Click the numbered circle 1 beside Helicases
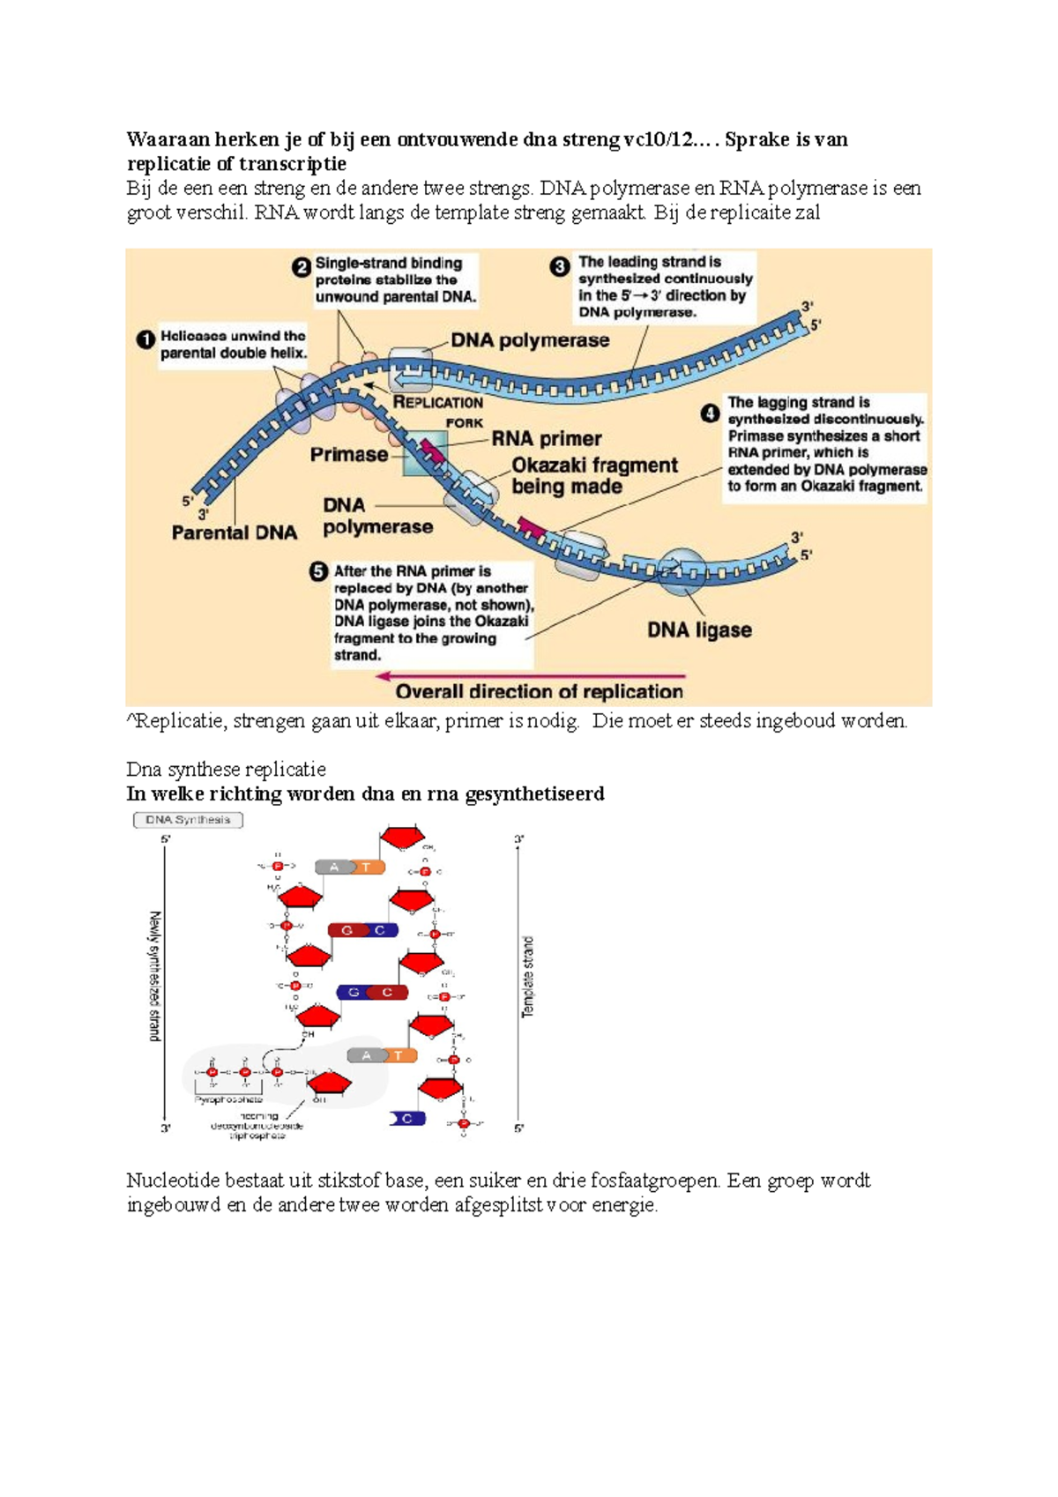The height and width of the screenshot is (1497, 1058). [145, 339]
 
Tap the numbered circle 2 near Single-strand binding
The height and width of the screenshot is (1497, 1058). [302, 267]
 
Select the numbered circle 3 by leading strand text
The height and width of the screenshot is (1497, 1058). [560, 266]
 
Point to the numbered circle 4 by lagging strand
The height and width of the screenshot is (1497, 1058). [710, 413]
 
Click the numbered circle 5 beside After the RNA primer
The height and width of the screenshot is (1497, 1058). [318, 571]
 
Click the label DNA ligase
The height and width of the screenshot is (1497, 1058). [699, 629]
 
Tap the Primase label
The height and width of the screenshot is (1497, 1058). [348, 454]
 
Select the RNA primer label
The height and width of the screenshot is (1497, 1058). [547, 438]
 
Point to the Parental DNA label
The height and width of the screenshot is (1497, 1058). [234, 533]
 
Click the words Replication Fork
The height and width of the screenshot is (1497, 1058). [438, 411]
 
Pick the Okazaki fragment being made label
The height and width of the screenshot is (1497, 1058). [594, 475]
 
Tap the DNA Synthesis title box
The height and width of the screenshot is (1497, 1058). [188, 820]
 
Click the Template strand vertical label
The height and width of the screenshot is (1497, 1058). [528, 977]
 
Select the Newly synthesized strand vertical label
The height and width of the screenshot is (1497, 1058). [155, 976]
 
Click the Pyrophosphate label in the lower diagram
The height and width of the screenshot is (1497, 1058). [228, 1099]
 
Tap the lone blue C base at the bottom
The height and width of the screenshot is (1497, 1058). [407, 1118]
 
